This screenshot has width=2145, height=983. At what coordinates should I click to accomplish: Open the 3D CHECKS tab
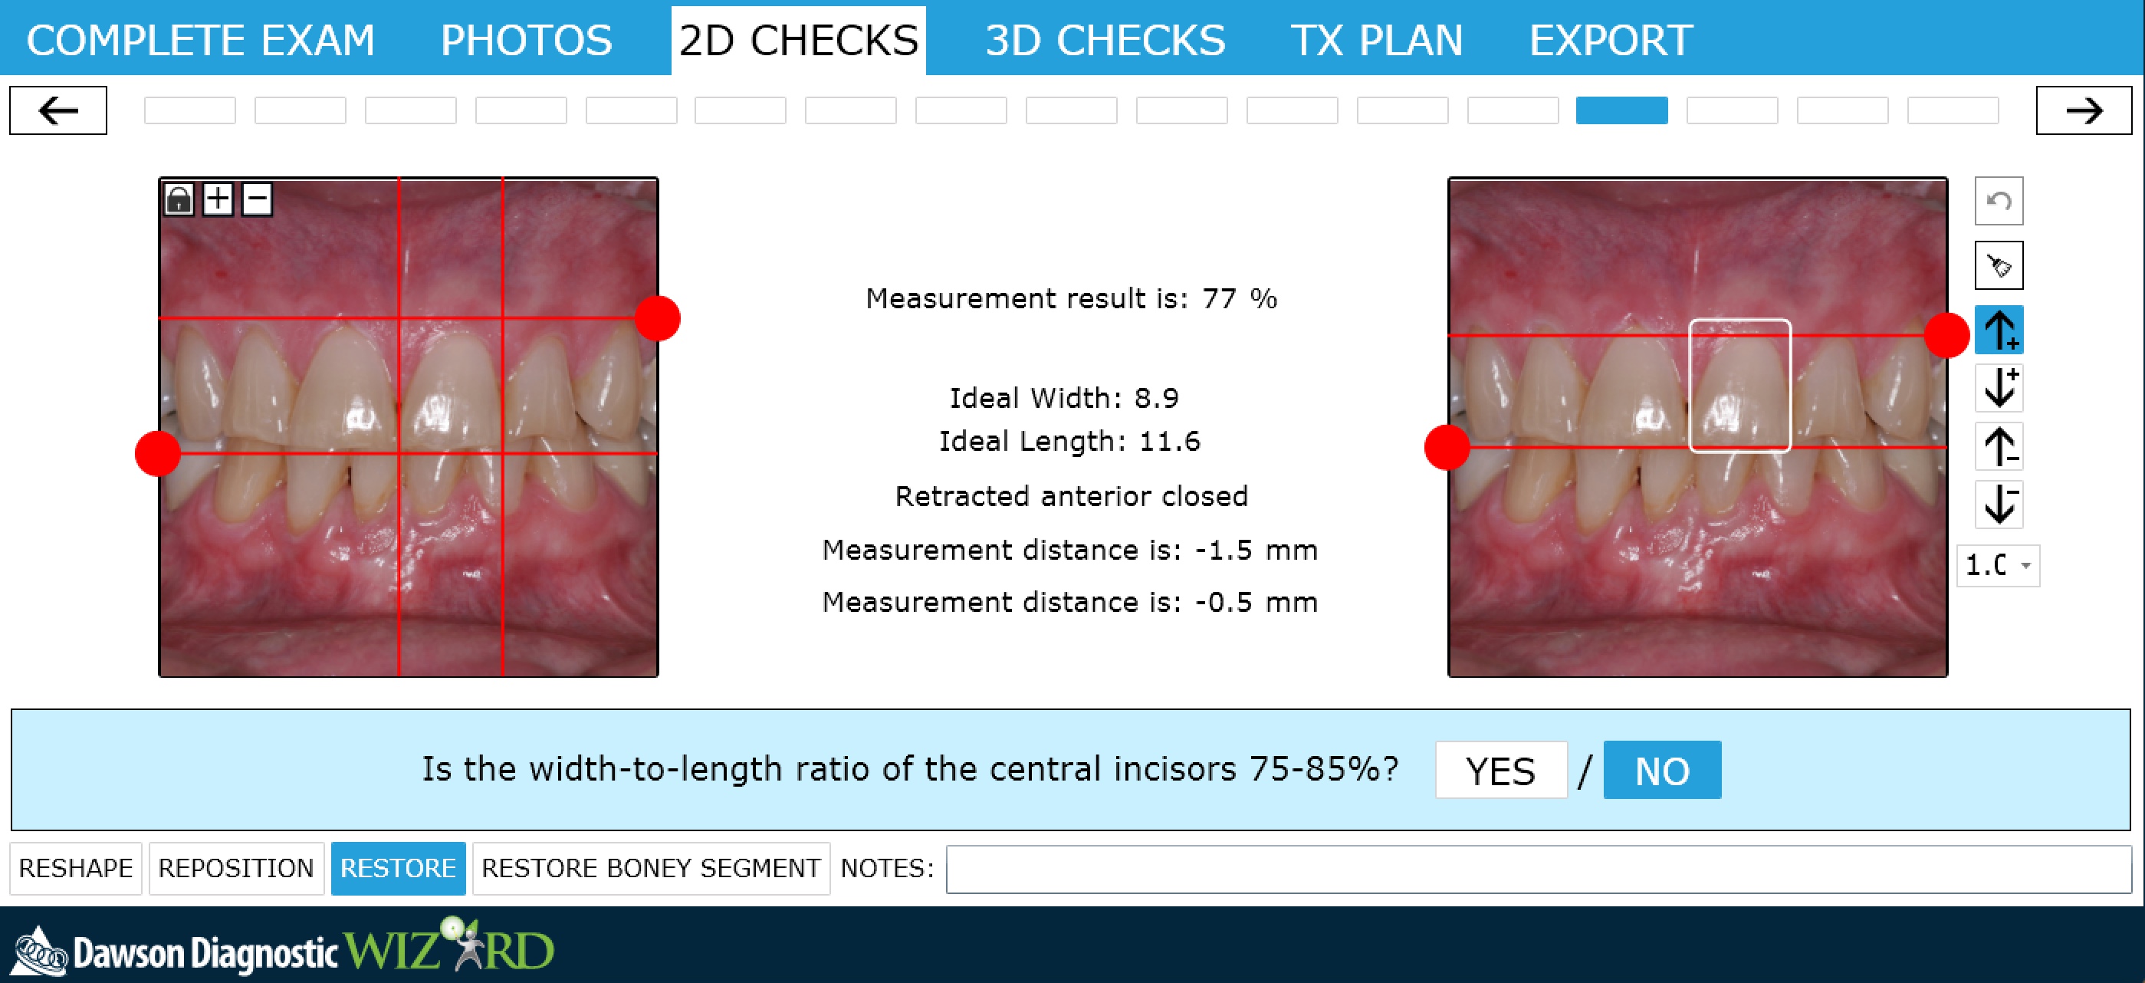tap(1105, 40)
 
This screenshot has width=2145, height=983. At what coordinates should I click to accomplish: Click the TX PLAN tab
tap(1376, 40)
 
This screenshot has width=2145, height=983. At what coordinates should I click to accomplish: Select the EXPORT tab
tap(1611, 40)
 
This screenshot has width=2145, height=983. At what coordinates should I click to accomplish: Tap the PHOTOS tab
tap(526, 40)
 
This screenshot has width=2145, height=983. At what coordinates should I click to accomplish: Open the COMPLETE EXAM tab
tap(201, 40)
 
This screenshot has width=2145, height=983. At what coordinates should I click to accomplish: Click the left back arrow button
tap(58, 110)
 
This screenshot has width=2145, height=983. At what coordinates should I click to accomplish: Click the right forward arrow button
tap(2084, 110)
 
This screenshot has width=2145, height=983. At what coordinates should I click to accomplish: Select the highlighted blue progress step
tap(1621, 110)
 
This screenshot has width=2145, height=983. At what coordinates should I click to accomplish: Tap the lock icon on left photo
tap(178, 199)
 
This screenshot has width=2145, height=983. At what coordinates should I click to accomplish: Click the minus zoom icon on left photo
tap(258, 199)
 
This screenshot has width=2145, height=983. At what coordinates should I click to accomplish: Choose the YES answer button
tap(1500, 770)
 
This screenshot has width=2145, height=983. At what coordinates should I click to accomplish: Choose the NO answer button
tap(1662, 770)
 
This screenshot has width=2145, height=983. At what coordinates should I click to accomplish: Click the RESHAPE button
tap(76, 868)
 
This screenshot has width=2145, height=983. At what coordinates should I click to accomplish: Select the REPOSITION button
tap(235, 868)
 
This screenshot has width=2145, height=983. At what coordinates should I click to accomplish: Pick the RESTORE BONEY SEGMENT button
tap(651, 868)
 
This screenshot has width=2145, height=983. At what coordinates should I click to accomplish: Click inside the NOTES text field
tap(1538, 869)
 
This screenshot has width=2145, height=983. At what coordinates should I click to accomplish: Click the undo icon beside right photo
tap(1999, 201)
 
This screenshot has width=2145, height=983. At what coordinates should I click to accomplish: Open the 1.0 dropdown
tap(1999, 566)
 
